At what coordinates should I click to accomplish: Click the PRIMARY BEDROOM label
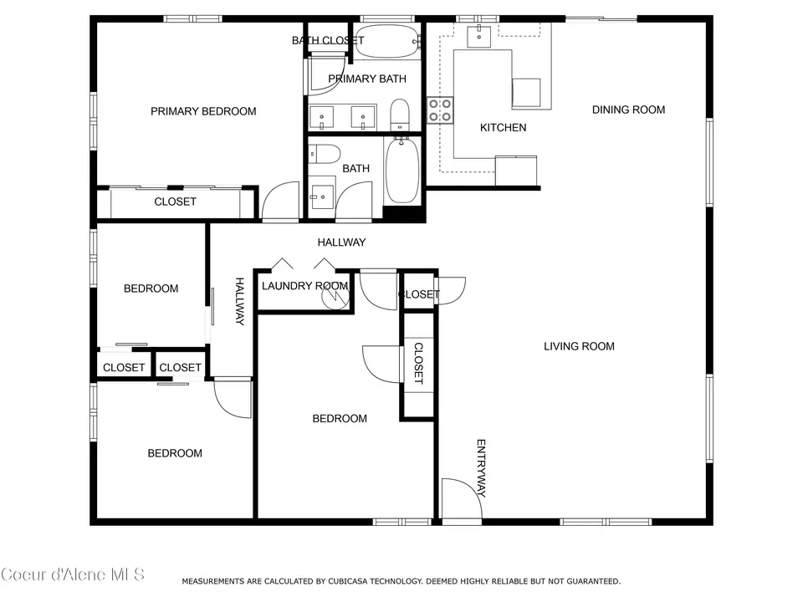point(203,111)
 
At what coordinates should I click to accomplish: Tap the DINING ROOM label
point(628,110)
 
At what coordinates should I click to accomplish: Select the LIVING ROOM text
point(579,346)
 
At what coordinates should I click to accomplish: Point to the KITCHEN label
point(503,127)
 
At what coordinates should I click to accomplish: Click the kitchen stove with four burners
point(440,110)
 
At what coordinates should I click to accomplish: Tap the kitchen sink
point(478,35)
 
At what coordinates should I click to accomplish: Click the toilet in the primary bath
point(400,115)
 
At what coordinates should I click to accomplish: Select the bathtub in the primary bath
point(387,41)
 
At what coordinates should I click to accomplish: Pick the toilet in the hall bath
point(325,154)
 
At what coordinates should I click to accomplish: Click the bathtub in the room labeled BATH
point(402,170)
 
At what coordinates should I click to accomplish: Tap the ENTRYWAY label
point(481,468)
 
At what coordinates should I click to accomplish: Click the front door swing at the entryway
point(462,498)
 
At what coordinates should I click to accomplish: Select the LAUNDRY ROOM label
point(305,286)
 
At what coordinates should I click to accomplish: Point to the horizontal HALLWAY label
point(341,242)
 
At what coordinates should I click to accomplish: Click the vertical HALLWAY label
point(240,302)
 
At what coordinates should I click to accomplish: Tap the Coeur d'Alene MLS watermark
point(73,575)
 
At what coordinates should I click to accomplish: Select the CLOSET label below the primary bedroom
point(175,202)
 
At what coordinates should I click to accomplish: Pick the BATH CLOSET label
point(328,40)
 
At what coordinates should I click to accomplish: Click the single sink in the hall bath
point(322,196)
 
